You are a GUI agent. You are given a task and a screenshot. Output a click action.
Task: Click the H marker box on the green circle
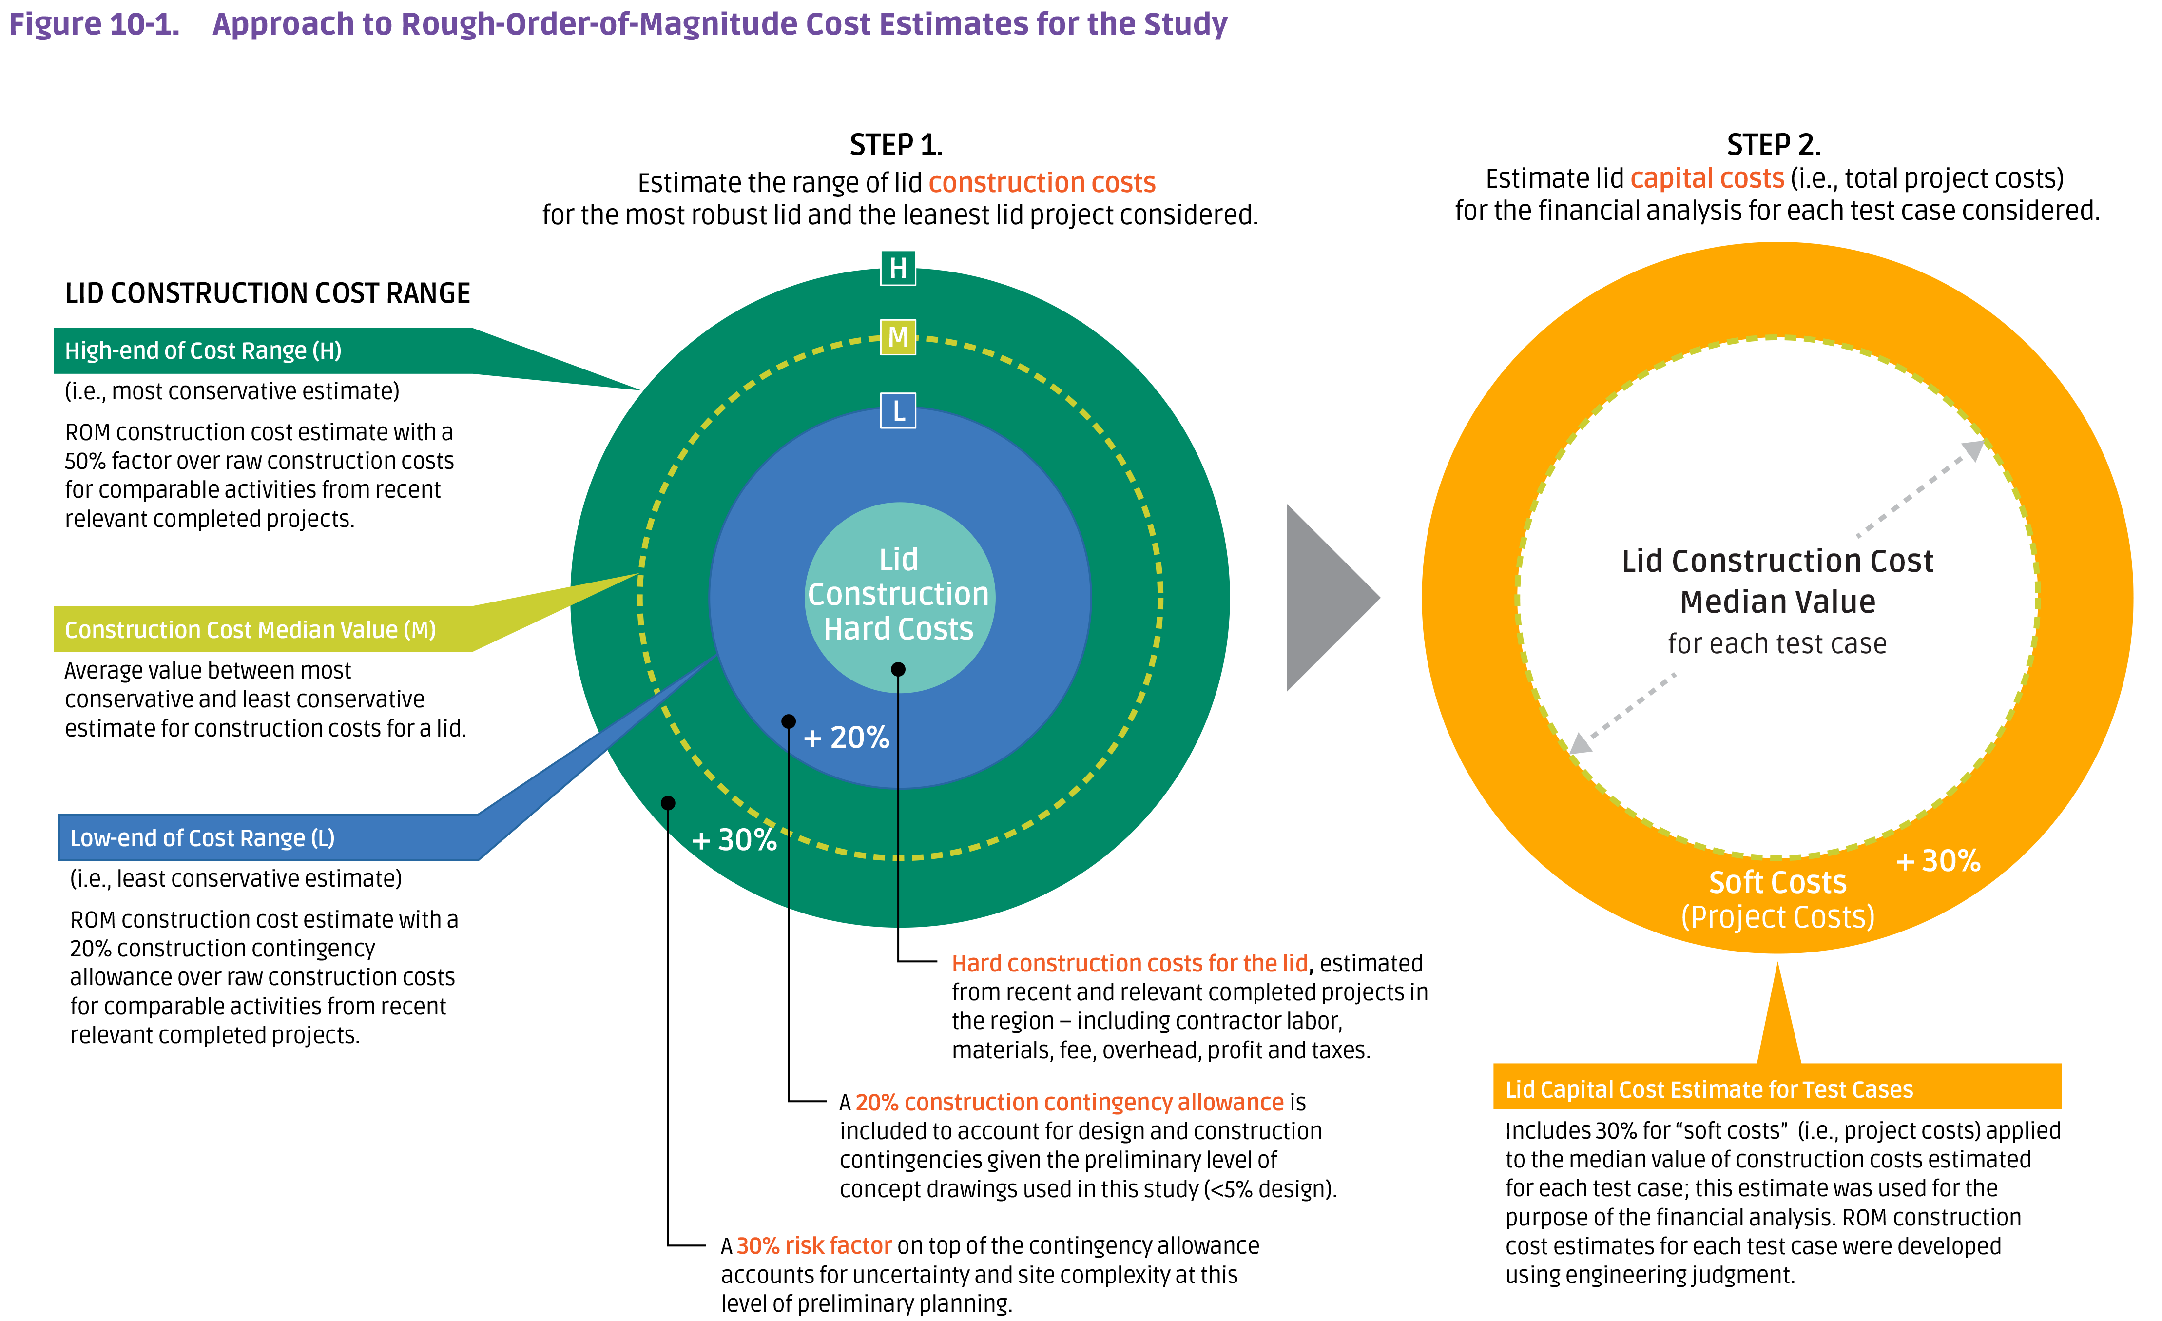pyautogui.click(x=898, y=268)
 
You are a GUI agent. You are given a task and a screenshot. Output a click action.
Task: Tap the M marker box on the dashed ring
pyautogui.click(x=898, y=337)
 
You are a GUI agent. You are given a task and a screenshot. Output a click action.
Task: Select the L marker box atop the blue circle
pyautogui.click(x=898, y=411)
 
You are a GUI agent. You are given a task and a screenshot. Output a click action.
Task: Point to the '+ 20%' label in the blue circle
pyautogui.click(x=846, y=738)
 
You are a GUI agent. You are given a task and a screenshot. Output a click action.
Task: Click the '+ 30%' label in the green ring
pyautogui.click(x=734, y=840)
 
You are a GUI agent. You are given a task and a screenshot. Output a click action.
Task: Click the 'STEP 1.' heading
pyautogui.click(x=896, y=145)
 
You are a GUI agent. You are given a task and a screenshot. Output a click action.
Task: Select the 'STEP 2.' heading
pyautogui.click(x=1773, y=145)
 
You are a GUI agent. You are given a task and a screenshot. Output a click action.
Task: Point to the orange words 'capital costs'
pyautogui.click(x=1707, y=178)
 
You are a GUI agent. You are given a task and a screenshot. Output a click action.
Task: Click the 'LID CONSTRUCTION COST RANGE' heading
pyautogui.click(x=268, y=293)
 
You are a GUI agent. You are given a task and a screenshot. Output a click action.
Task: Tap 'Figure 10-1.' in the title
pyautogui.click(x=94, y=24)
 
